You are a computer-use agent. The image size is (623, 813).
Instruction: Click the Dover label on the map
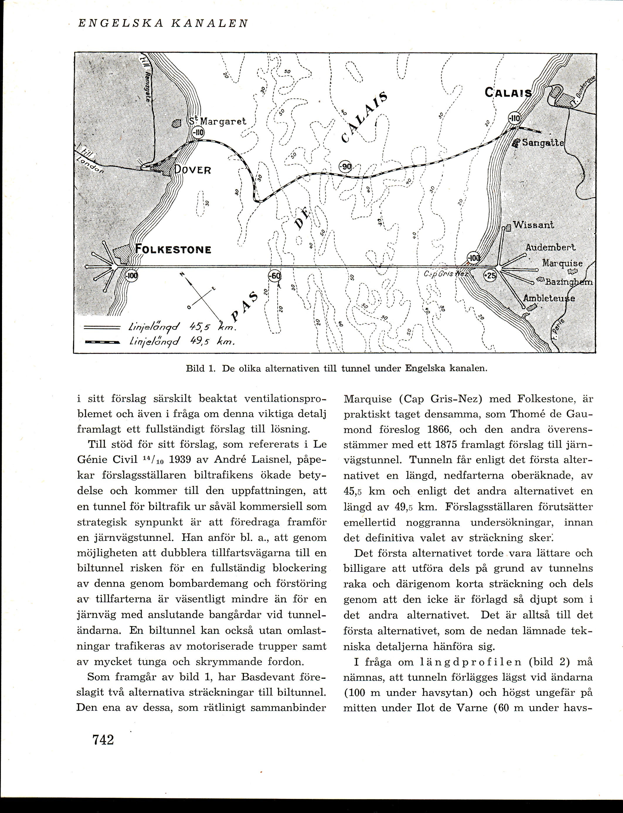click(x=193, y=170)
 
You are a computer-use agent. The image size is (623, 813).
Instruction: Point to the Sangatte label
click(x=543, y=143)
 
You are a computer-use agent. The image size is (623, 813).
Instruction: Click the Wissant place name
click(x=533, y=225)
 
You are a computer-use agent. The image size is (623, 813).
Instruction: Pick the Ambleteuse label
click(x=549, y=298)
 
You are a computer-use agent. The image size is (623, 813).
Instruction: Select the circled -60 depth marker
click(x=274, y=276)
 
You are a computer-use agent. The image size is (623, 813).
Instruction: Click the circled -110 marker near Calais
click(x=514, y=119)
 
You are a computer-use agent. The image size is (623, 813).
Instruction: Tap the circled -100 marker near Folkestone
click(x=132, y=276)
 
